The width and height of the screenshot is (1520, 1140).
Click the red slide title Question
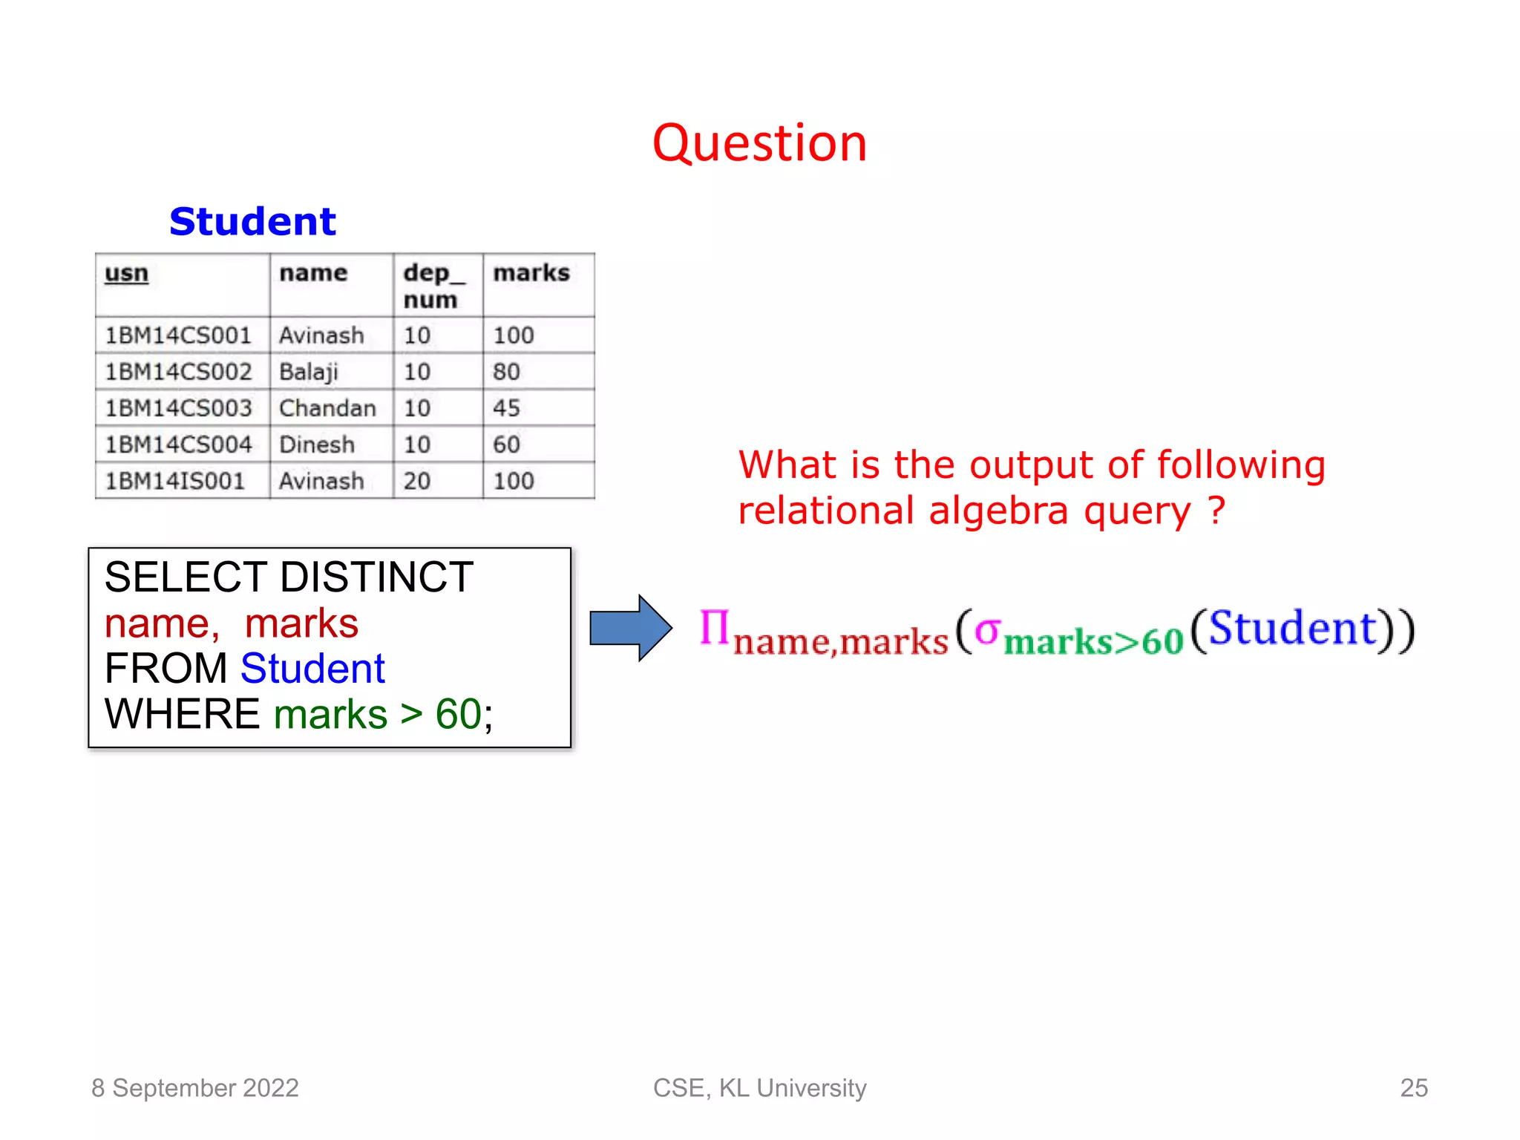tap(759, 142)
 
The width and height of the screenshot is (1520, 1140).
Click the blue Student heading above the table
tap(252, 221)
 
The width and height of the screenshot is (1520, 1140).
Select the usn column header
tap(127, 273)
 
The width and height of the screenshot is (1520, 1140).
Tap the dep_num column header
tap(433, 286)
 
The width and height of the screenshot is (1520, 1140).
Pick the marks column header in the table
tap(531, 273)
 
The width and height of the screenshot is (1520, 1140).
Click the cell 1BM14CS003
tap(178, 408)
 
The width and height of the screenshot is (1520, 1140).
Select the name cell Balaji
tap(309, 372)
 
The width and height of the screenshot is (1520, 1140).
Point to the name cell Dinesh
tap(317, 445)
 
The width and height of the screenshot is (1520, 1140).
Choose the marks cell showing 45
tap(506, 408)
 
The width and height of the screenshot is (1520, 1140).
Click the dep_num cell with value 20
tap(417, 481)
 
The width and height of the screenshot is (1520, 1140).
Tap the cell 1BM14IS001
tap(175, 481)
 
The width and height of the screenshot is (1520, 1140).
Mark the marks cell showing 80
tap(506, 372)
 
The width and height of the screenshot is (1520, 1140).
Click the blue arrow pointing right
tap(630, 628)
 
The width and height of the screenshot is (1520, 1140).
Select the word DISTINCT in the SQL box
tap(376, 577)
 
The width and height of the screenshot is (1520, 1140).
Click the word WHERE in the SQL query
tap(182, 714)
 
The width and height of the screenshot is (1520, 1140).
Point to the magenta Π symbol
tap(715, 628)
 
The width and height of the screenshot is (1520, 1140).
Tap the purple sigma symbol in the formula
tap(988, 631)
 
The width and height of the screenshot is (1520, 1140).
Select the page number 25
tap(1413, 1088)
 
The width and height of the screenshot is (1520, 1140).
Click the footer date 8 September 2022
tap(194, 1088)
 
